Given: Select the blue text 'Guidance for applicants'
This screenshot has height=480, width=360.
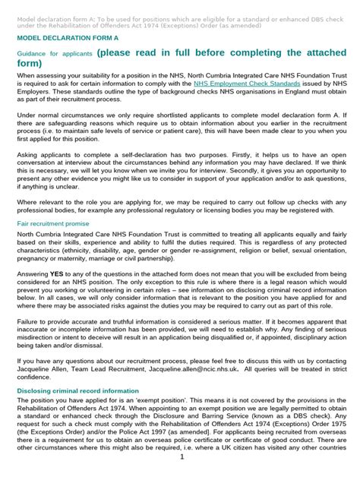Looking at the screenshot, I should pyautogui.click(x=51, y=55).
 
